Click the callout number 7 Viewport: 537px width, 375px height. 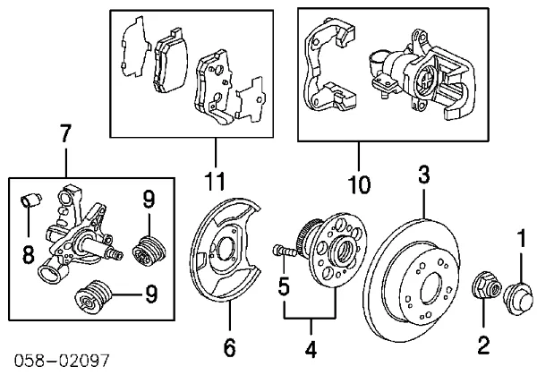(x=65, y=136)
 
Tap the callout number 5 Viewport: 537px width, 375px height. (x=284, y=288)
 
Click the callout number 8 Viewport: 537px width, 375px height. (x=27, y=256)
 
